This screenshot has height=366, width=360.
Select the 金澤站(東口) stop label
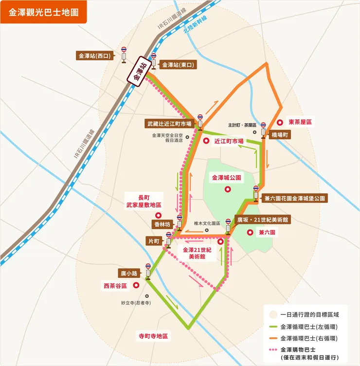click(x=178, y=64)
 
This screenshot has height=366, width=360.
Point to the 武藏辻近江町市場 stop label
click(x=169, y=124)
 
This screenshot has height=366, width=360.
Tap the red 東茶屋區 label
click(x=300, y=122)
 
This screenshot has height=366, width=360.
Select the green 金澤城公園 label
click(x=227, y=178)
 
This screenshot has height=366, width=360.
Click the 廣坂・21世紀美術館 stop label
click(x=263, y=220)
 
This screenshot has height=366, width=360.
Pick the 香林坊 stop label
click(x=162, y=224)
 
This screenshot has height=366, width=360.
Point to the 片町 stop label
click(x=154, y=241)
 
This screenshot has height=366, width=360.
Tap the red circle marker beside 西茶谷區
click(x=136, y=286)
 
